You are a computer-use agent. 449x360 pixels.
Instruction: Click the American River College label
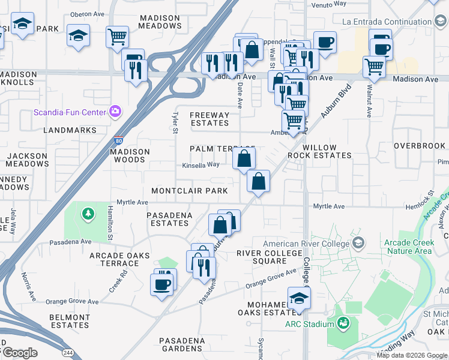coord(306,244)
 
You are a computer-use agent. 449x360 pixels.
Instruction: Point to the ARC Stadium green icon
coord(343,324)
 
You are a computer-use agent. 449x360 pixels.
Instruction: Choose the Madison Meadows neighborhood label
coord(160,22)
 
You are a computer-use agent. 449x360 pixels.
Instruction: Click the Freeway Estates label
coord(209,119)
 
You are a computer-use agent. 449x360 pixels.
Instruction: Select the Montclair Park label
coord(189,191)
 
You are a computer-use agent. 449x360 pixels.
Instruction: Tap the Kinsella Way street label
coord(200,165)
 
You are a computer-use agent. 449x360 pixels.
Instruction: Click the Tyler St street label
coord(175,122)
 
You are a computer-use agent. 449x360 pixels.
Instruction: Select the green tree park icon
coord(88,213)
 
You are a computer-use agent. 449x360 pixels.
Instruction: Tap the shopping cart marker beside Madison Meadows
coord(117,36)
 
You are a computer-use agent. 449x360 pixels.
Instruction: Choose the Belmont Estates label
coord(69,320)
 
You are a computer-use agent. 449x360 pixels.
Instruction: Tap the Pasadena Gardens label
coord(181,344)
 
